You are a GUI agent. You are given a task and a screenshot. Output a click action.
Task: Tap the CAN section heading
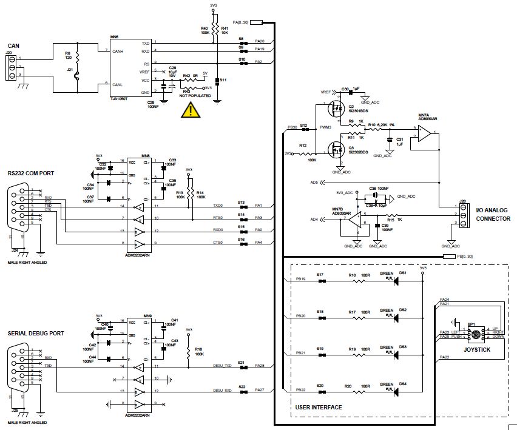click(x=13, y=45)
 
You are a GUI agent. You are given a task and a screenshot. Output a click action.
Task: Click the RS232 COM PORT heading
click(x=31, y=173)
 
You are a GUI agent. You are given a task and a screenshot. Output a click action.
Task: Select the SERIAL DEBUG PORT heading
click(x=36, y=334)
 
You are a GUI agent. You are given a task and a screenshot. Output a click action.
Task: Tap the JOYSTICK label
click(x=476, y=349)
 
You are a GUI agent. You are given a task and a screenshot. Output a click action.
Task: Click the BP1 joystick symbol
click(x=477, y=334)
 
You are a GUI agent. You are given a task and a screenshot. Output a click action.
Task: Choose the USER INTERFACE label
click(x=318, y=407)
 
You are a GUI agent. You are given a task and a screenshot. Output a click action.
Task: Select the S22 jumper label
click(x=242, y=386)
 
